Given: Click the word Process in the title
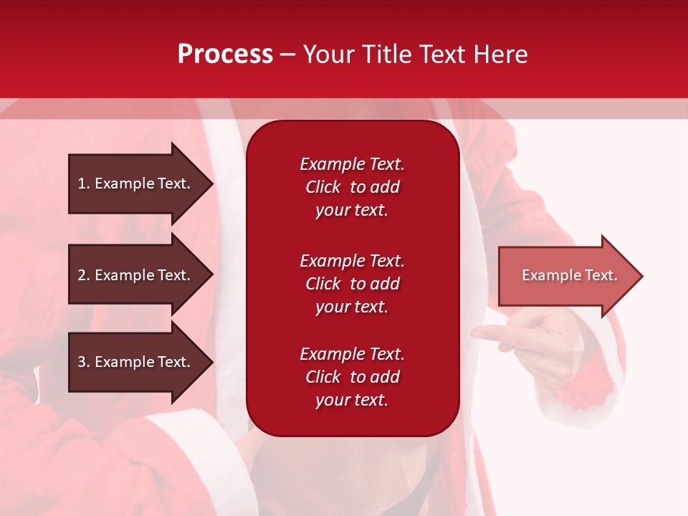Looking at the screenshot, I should tap(225, 54).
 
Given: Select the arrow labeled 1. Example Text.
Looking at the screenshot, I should tap(136, 183).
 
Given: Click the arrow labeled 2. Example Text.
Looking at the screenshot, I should tap(136, 275).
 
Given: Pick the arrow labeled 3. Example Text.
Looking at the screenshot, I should tap(136, 362).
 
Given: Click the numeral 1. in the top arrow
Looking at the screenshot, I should tap(83, 183).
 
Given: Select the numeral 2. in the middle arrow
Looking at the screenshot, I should tap(83, 275).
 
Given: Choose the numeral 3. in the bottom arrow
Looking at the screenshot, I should tap(83, 362).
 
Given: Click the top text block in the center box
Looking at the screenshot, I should tap(352, 187).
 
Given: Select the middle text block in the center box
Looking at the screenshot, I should tap(352, 284).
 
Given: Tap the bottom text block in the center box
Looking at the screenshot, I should tap(352, 377).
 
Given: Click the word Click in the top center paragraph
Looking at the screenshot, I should tap(322, 187).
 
